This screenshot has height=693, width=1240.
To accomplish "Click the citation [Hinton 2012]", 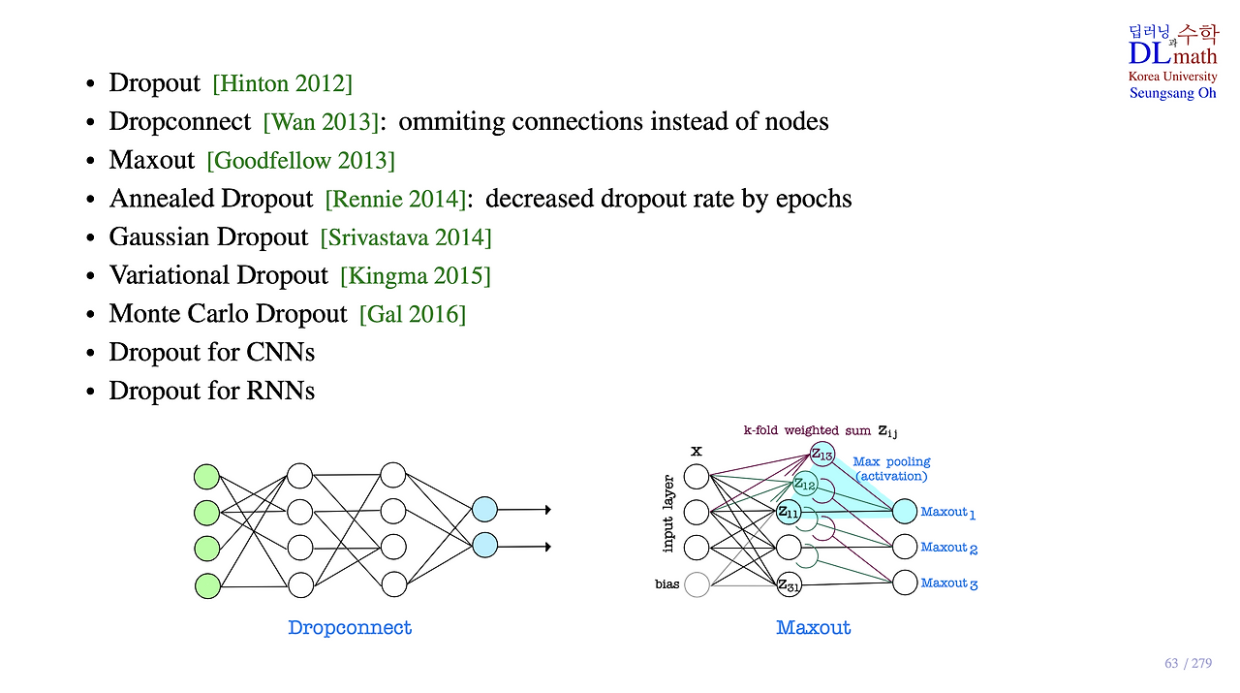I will (x=283, y=83).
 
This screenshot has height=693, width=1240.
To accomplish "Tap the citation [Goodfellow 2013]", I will (x=300, y=161).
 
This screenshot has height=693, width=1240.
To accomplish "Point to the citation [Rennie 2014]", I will (x=394, y=200).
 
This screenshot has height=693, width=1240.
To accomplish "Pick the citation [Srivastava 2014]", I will (x=406, y=237).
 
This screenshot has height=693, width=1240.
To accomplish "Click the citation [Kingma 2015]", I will (x=415, y=276).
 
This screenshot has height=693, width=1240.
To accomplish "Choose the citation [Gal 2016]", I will (x=412, y=315).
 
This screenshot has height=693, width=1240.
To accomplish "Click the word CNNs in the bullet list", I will (x=282, y=353).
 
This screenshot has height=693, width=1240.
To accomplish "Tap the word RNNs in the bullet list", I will (x=281, y=391).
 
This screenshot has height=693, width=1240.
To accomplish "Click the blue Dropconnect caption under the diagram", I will (x=350, y=628).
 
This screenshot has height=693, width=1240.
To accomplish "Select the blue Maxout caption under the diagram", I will (x=814, y=628).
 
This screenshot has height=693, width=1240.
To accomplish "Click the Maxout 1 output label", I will (x=948, y=512).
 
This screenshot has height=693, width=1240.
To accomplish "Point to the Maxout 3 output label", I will (x=948, y=583).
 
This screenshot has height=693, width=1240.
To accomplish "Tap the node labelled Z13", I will (x=821, y=453).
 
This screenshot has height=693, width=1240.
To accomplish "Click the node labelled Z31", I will (x=789, y=584).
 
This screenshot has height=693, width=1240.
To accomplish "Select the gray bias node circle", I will (x=697, y=584).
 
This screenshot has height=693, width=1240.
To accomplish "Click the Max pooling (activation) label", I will (x=891, y=469).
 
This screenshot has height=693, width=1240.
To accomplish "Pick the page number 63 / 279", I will (x=1188, y=664).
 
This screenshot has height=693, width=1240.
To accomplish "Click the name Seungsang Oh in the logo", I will (x=1172, y=93).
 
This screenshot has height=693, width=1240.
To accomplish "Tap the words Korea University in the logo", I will (x=1172, y=77).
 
